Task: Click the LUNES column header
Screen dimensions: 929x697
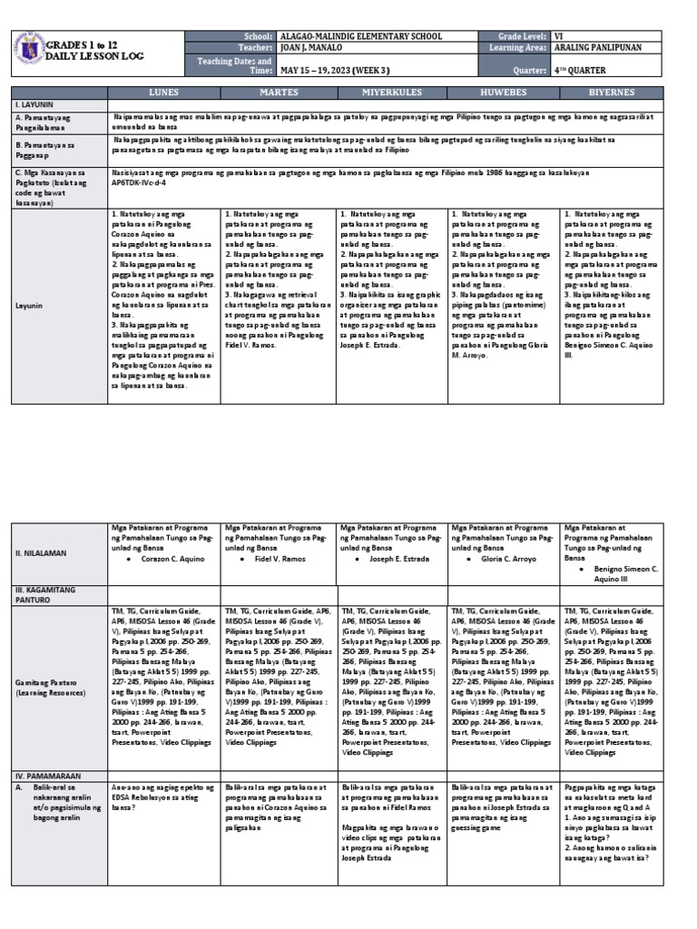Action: [x=164, y=93]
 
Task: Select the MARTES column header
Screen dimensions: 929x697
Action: [x=278, y=93]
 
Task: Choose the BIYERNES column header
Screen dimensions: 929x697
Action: [x=622, y=93]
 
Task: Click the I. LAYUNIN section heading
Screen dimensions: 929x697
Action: [x=34, y=105]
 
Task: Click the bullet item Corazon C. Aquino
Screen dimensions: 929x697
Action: [x=172, y=560]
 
